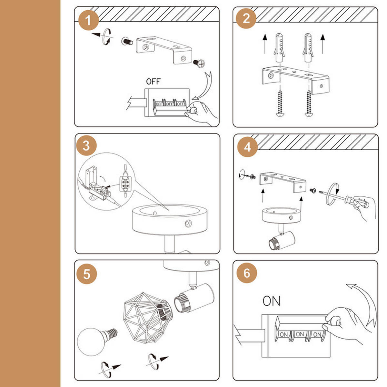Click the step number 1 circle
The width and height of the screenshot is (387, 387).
point(88,20)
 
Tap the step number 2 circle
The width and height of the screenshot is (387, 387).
point(246,18)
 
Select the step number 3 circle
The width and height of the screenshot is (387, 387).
point(86,145)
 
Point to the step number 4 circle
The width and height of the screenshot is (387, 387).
point(247,147)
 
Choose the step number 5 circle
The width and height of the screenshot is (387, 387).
point(87,274)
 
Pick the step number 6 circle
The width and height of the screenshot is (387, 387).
point(247,273)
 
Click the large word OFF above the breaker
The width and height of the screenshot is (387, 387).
point(153,82)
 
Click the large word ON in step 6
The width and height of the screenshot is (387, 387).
point(271,301)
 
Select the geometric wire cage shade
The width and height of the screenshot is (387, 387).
point(148,317)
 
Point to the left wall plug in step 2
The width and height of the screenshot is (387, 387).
point(279,48)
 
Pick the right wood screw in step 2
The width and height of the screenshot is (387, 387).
point(309,103)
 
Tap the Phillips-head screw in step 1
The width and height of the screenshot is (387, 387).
point(199,63)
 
